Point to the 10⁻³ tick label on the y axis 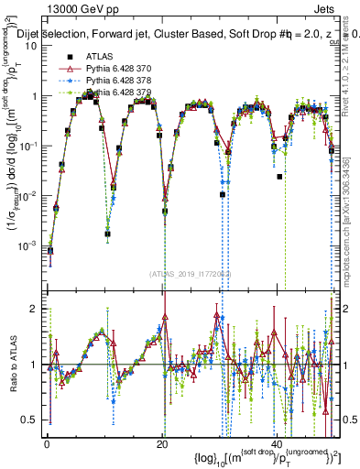[x=30, y=245]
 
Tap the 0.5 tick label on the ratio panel [x=31, y=420]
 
